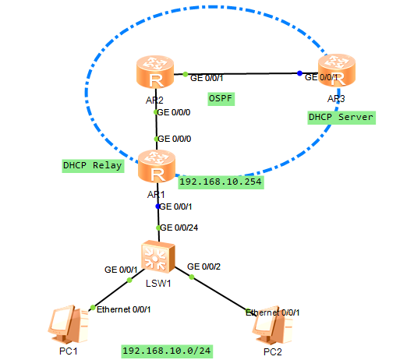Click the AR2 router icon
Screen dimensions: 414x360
(155, 72)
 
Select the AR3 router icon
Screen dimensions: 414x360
(337, 70)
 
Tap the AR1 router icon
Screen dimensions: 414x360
(157, 166)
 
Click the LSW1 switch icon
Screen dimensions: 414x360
(158, 256)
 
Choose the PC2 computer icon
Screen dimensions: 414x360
(272, 325)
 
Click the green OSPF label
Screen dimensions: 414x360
(221, 99)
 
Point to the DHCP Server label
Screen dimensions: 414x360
(341, 118)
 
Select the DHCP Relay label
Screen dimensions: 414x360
(93, 166)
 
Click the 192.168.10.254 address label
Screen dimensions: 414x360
(221, 182)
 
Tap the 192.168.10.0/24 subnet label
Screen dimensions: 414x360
(167, 351)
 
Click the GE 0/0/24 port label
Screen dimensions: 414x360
(179, 228)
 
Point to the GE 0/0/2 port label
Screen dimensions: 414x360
(203, 266)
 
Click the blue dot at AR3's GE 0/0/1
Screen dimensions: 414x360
(299, 73)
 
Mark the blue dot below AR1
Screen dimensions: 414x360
(158, 206)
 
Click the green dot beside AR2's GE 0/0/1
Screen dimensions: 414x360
(186, 74)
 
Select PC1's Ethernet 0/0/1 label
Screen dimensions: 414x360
(123, 309)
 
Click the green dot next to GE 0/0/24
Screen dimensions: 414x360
(158, 228)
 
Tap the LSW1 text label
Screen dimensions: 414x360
(158, 284)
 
